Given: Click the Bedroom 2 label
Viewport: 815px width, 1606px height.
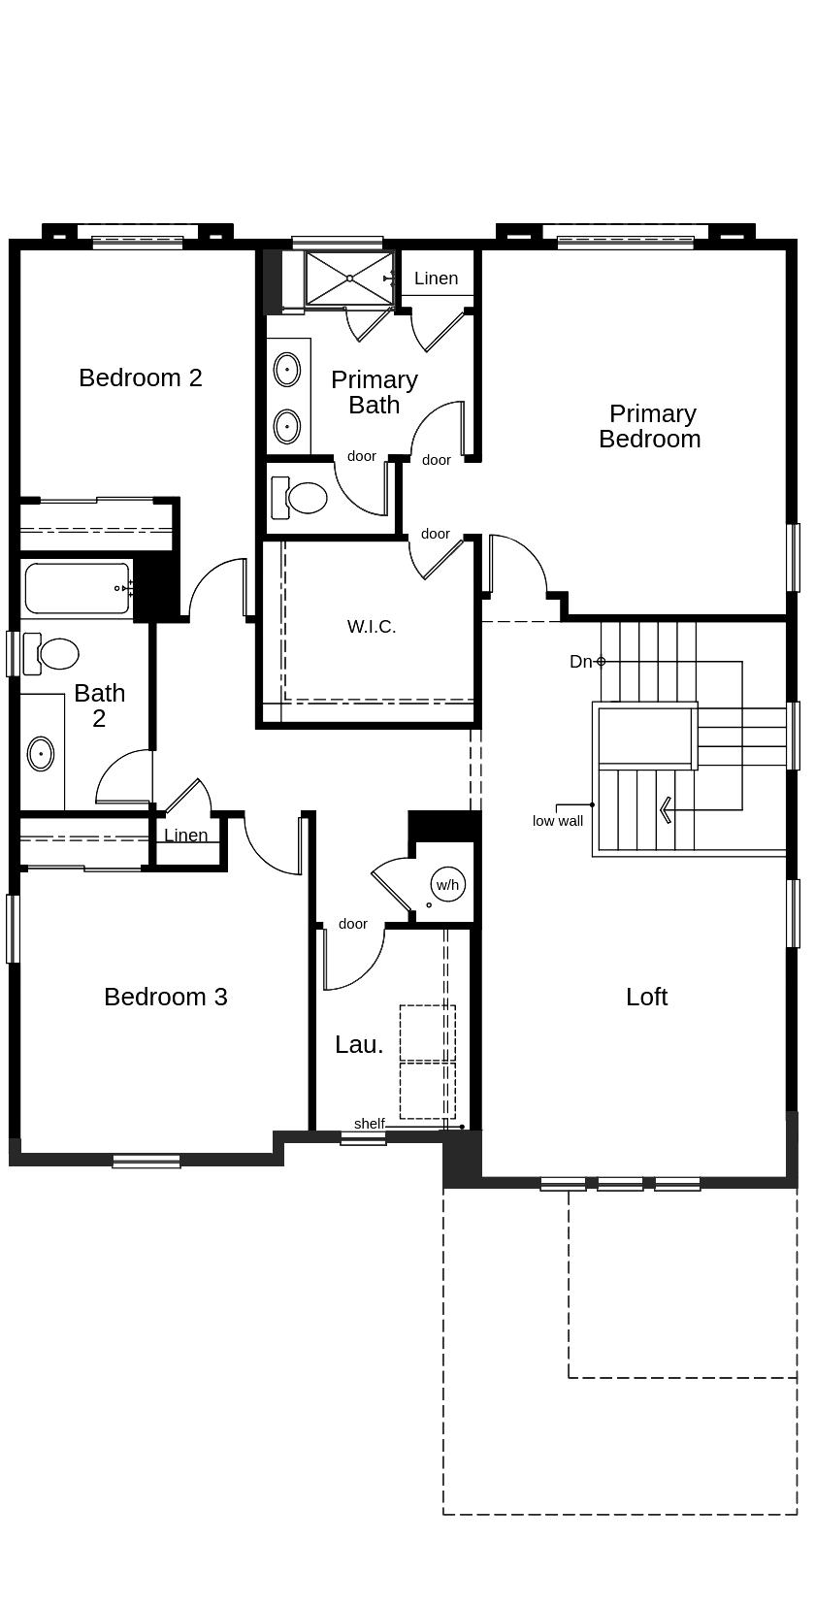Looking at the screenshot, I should (x=141, y=377).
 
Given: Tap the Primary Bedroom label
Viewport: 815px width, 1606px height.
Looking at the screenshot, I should (x=650, y=426).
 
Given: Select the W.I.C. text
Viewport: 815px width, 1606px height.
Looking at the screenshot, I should (x=372, y=627).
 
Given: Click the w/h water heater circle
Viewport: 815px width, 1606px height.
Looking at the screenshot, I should (x=447, y=884).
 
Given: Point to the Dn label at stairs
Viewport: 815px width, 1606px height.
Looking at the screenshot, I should (x=580, y=662).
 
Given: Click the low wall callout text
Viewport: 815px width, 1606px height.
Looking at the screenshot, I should (x=558, y=821).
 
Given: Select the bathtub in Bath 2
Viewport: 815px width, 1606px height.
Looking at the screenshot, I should (x=77, y=588).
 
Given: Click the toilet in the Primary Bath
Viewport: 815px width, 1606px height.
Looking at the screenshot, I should (x=304, y=498).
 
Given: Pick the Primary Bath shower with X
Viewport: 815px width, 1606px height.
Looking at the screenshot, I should (x=349, y=279).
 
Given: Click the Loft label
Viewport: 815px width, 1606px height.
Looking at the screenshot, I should (x=646, y=997).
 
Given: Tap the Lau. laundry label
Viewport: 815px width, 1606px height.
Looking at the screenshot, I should (x=359, y=1045).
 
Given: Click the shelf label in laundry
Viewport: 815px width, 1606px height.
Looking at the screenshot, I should (x=369, y=1124).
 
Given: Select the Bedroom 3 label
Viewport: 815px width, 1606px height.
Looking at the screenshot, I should (x=166, y=997).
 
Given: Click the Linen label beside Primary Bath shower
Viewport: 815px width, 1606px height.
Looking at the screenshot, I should (x=436, y=279).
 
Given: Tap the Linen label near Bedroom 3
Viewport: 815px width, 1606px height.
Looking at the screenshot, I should (x=185, y=836).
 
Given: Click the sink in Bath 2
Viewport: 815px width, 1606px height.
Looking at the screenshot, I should (x=41, y=753).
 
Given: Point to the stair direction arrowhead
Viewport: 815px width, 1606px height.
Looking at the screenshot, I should (x=666, y=809).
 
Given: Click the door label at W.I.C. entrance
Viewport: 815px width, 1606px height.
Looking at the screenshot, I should (x=436, y=534).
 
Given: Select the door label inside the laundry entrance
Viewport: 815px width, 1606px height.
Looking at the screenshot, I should (x=353, y=924).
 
